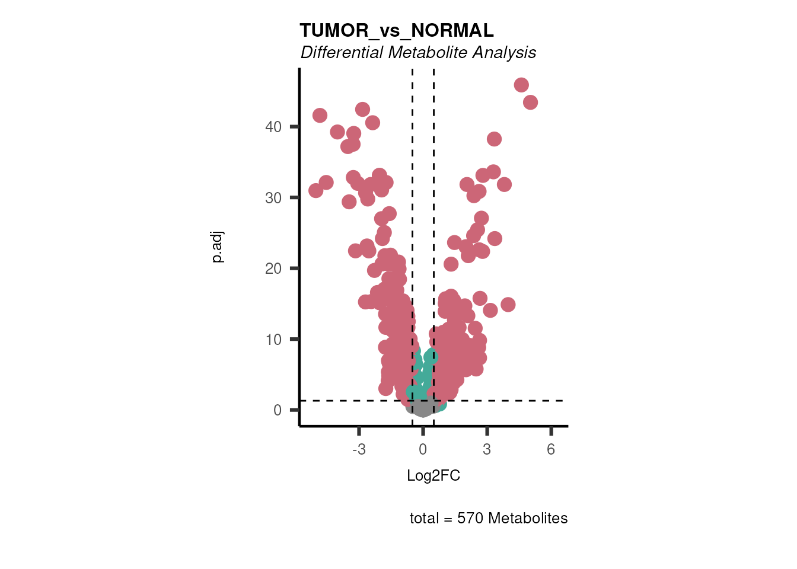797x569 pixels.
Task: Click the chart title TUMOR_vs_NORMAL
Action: [x=396, y=30]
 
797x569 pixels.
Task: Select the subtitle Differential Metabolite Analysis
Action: [x=418, y=53]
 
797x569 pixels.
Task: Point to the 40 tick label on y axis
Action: [x=273, y=127]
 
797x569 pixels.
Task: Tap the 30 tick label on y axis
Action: [x=273, y=198]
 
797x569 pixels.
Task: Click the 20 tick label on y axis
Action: [x=273, y=268]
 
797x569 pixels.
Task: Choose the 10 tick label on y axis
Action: [x=273, y=340]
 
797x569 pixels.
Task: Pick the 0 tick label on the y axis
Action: [x=278, y=410]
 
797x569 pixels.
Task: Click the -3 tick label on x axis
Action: [x=359, y=450]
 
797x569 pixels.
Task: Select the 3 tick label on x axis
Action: [x=487, y=450]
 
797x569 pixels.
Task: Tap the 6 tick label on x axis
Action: [x=551, y=450]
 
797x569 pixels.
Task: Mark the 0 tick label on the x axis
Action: [x=423, y=450]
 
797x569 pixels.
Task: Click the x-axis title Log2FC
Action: [x=433, y=476]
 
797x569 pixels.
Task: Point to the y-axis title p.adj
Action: [x=218, y=247]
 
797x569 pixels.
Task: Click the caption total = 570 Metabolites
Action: [x=489, y=519]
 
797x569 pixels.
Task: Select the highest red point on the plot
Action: [x=521, y=85]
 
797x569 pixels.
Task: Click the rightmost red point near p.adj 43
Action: [x=530, y=103]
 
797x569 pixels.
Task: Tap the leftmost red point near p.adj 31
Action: [x=315, y=190]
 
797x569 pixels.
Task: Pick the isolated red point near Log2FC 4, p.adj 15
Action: [x=508, y=305]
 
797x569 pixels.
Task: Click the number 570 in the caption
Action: [x=470, y=519]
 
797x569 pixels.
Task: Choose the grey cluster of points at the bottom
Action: [x=422, y=407]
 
